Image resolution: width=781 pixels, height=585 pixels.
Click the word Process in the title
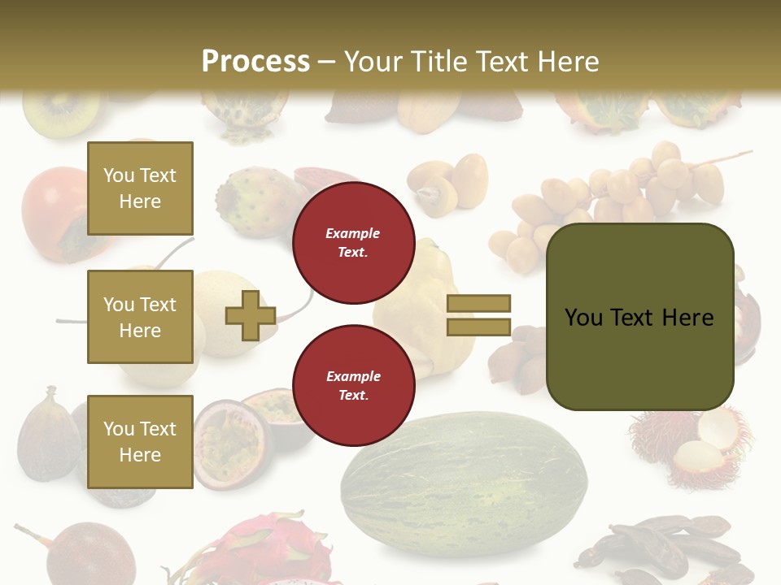255,61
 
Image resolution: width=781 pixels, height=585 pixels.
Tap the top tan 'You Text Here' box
140,188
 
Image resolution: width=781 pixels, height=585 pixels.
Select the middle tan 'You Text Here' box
140,317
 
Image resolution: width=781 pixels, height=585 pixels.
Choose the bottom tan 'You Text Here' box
140,441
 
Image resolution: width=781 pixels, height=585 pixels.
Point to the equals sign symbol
478,315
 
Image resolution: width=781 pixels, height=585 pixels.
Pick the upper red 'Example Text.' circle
353,243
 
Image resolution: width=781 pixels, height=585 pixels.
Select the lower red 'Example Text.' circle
353,386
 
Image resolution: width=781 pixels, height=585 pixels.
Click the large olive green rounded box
639,317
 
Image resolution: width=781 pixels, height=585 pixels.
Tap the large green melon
464,483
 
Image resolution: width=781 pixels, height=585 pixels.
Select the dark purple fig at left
49,435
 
